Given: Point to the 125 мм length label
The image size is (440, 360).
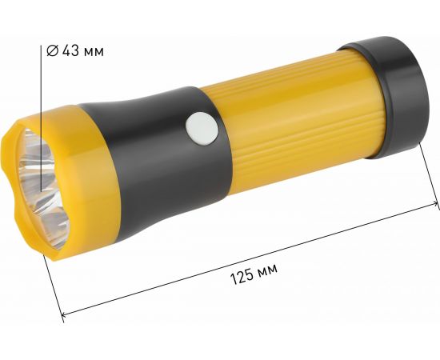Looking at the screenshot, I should point(254,274).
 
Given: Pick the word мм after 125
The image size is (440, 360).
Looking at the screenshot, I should point(268,274).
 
